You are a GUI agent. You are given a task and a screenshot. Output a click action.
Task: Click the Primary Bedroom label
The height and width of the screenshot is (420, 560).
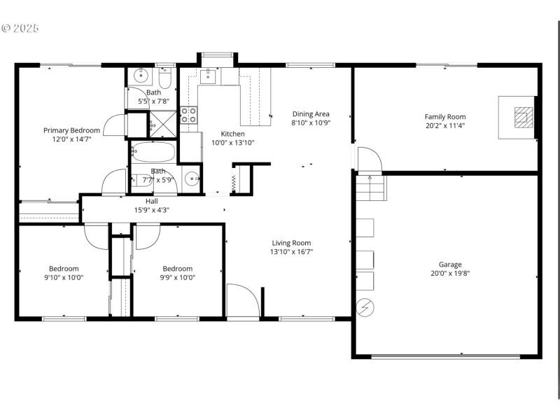[71, 130]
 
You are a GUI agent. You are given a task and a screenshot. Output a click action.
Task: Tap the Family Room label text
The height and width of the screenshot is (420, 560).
[444, 117]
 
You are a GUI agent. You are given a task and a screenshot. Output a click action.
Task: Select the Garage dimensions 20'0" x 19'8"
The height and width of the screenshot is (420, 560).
[449, 274]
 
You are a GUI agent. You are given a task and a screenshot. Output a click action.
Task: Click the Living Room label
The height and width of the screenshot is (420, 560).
[292, 243]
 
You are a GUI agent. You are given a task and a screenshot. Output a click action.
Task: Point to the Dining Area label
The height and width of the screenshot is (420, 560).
[310, 114]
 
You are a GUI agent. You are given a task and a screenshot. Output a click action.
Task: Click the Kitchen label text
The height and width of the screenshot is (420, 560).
[232, 134]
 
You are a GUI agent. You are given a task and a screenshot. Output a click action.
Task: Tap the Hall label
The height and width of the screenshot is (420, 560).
[152, 201]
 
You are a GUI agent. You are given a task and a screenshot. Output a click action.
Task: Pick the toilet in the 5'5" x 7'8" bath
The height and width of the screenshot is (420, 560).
[164, 77]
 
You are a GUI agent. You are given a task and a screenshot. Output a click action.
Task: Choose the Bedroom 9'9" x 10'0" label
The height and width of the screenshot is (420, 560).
[178, 272]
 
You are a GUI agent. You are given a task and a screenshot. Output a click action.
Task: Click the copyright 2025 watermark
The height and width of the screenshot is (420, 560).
[20, 29]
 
